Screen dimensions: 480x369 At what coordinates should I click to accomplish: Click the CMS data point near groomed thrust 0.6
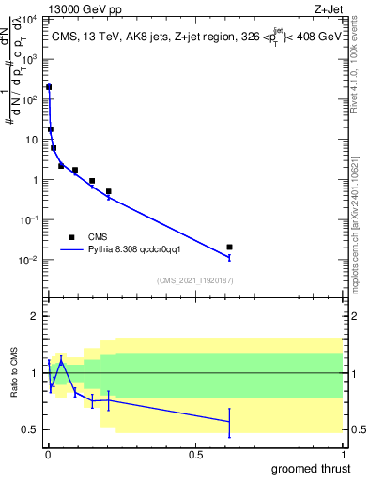229,247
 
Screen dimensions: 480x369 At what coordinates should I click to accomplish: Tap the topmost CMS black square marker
49,87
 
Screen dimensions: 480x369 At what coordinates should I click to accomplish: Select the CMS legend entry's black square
71,237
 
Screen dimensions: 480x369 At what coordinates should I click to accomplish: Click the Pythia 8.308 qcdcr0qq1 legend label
141,250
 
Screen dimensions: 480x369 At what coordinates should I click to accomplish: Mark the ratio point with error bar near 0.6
229,422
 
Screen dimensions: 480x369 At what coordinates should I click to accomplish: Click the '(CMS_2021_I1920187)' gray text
194,279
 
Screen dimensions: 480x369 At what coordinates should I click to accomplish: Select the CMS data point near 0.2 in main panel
109,191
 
